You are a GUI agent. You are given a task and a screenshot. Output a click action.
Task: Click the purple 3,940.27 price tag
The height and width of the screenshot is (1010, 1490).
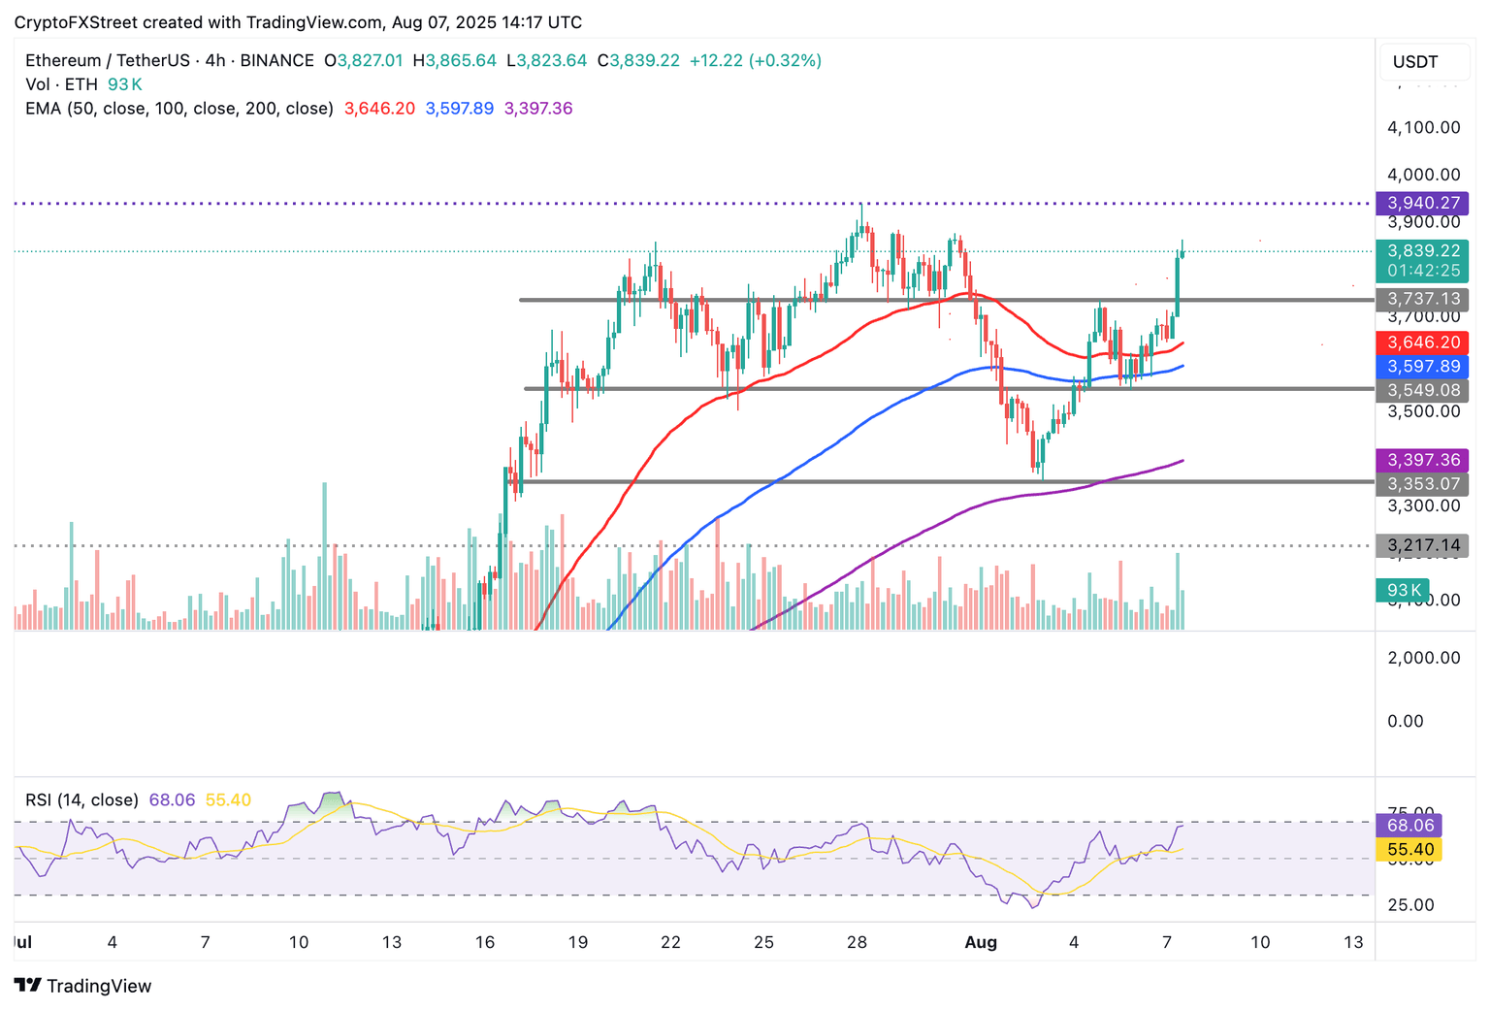click(1423, 203)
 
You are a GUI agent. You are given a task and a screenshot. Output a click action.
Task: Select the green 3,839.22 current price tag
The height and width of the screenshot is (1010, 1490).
click(1423, 251)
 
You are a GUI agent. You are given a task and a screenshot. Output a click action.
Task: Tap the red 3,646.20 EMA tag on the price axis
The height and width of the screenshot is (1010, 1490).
click(1423, 342)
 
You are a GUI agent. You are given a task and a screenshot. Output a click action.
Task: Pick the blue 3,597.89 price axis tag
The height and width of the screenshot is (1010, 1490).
click(1423, 367)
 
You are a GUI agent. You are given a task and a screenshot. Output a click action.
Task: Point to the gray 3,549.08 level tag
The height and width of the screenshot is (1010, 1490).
click(1423, 390)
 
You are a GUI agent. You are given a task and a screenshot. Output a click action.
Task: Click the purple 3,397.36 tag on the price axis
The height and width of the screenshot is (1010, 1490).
click(1423, 460)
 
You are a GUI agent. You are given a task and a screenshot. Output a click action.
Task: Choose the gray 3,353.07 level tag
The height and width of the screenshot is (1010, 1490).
click(1423, 483)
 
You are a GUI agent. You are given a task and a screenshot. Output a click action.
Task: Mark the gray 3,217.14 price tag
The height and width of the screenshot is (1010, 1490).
click(1423, 545)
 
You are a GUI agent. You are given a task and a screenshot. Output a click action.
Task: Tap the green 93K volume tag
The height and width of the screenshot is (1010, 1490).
click(1403, 590)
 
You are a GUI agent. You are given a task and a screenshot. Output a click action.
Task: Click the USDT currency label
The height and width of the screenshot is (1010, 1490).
click(1415, 62)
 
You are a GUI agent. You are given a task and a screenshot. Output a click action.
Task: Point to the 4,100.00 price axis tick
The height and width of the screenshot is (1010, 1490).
click(1423, 127)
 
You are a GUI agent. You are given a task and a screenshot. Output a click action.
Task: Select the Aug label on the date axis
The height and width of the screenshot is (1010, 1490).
click(981, 942)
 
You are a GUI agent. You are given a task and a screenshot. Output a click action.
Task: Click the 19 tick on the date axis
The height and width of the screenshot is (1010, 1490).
click(577, 942)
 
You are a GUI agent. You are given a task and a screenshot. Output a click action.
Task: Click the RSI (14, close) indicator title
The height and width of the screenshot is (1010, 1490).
click(81, 800)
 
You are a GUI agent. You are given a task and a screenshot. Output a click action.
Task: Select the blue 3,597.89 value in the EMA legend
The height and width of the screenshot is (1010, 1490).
click(459, 109)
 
